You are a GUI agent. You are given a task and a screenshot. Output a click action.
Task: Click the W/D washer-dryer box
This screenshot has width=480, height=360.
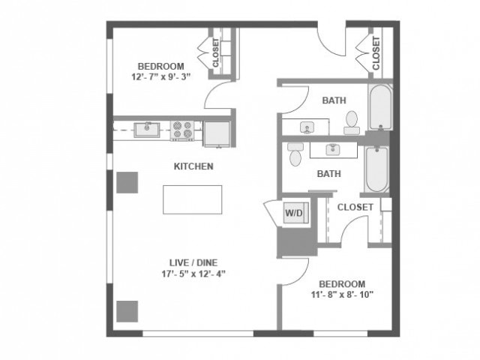pos(293,213)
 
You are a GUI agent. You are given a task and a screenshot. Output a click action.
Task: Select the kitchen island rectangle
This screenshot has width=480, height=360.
pos(193,199)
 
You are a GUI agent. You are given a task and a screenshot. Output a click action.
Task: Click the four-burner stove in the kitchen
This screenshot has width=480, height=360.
pos(182,130)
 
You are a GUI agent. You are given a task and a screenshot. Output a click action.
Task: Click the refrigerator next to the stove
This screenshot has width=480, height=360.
pos(217,132)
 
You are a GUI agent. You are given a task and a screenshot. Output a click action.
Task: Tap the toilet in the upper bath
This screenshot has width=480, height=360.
pos(352,121)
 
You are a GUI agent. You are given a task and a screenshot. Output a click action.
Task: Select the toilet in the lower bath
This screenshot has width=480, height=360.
pos(295,155)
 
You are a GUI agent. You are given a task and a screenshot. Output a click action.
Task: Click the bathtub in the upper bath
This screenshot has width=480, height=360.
pos(380,106)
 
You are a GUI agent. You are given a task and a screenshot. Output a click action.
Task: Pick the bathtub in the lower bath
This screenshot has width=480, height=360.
pos(376,169)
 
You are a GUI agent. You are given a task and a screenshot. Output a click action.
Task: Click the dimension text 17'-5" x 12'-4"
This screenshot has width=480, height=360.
pos(194,273)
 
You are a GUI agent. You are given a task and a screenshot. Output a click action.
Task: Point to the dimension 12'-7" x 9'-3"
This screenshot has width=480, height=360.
pos(160,76)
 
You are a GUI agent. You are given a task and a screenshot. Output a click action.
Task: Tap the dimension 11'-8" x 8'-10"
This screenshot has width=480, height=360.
pos(342,294)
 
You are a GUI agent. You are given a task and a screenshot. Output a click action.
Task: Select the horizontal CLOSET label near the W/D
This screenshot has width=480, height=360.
pos(355,207)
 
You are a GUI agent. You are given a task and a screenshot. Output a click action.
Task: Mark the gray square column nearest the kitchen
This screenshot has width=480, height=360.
pos(127,182)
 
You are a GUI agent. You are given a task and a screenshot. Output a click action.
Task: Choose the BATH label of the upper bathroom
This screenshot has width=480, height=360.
pos(334,100)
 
